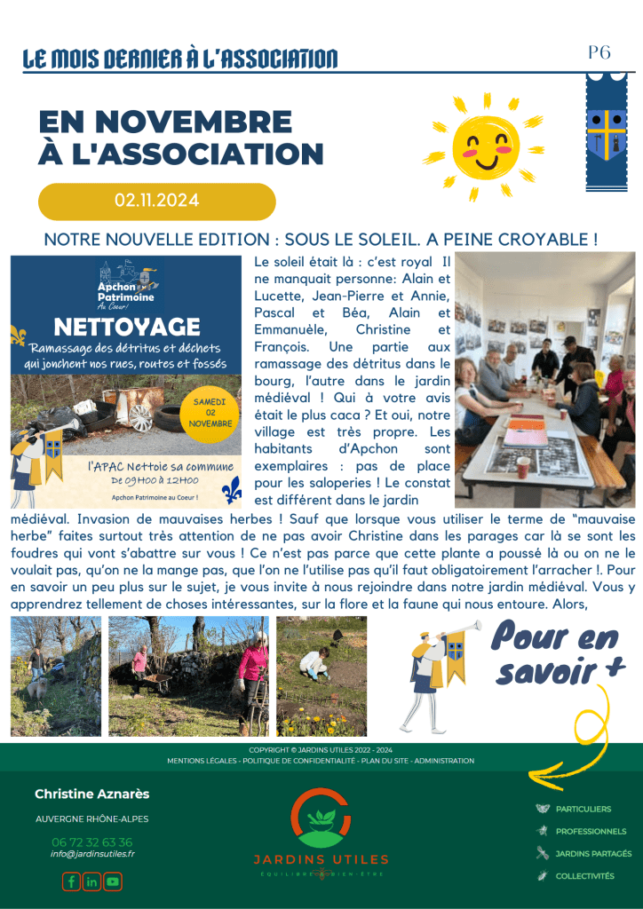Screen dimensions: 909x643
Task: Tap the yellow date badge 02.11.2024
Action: (156, 201)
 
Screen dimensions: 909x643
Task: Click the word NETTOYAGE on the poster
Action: (127, 327)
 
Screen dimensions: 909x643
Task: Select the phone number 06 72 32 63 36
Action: (91, 842)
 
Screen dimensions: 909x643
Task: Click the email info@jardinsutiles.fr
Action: (92, 854)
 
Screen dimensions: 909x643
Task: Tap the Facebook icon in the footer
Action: (71, 881)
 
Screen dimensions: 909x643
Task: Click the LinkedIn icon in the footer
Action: (91, 881)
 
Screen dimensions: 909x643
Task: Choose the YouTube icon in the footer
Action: (113, 881)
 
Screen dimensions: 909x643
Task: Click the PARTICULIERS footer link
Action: (583, 809)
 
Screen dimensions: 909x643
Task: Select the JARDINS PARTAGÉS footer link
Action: (593, 853)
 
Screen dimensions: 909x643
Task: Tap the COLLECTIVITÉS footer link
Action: (584, 875)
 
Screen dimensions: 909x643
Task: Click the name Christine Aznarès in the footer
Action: (92, 794)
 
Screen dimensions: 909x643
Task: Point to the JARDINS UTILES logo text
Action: (321, 859)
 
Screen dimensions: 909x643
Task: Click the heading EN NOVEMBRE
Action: (164, 122)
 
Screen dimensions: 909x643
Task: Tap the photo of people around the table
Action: (544, 380)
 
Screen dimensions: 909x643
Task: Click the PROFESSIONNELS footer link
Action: (591, 831)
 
